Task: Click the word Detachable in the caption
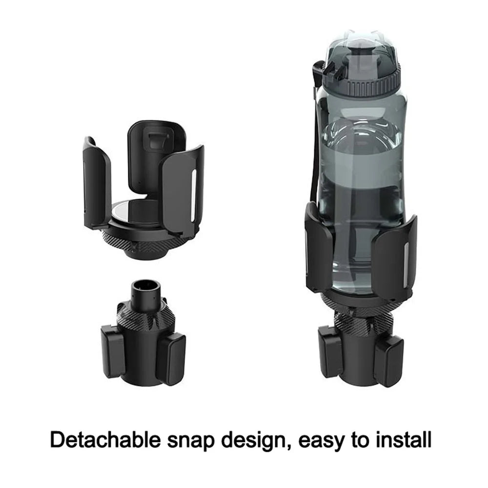point(105,440)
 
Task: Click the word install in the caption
point(404,440)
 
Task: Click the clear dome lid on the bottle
point(361,53)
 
